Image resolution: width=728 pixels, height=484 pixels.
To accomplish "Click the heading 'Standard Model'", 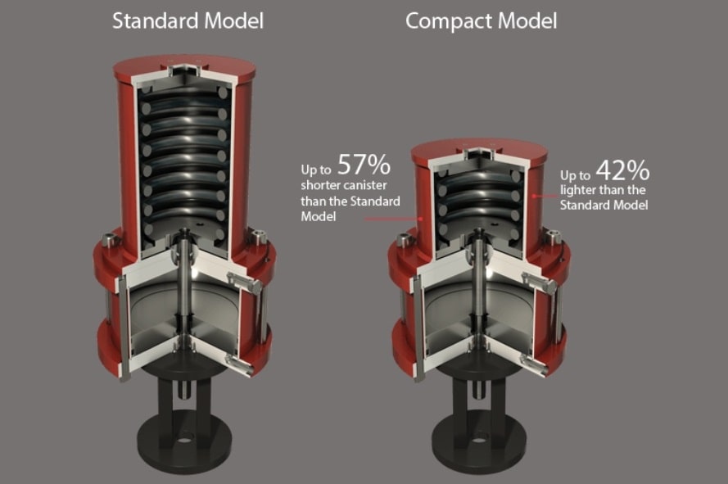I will pyautogui.click(x=188, y=21).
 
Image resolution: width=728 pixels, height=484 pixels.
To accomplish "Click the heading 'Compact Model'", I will pyautogui.click(x=481, y=21).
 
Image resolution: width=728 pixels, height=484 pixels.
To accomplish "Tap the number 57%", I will pyautogui.click(x=364, y=165).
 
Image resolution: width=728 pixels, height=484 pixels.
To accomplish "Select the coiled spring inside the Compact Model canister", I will pyautogui.click(x=479, y=201).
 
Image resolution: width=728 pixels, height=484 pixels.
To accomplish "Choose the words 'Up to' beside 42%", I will pyautogui.click(x=576, y=176).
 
